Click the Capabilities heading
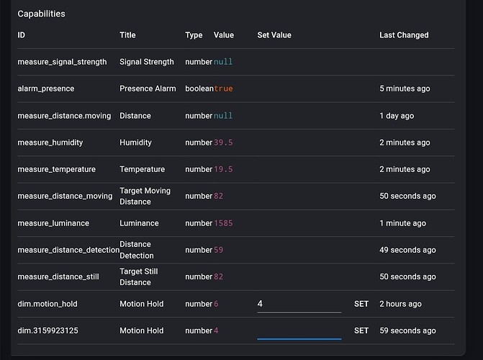coord(41,14)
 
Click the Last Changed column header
coord(404,35)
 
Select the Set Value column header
coord(274,35)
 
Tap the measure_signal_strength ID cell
coord(62,62)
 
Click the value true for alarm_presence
coord(223,89)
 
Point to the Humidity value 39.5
coord(223,143)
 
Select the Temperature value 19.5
coord(223,169)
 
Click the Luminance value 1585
coord(223,223)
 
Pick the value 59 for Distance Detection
coord(218,250)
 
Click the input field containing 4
coord(299,304)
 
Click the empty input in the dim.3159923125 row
coord(299,330)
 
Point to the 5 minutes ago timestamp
coord(405,89)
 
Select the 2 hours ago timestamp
coord(400,304)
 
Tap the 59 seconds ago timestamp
coord(407,330)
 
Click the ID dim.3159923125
coord(53,330)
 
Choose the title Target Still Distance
coord(139,276)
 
